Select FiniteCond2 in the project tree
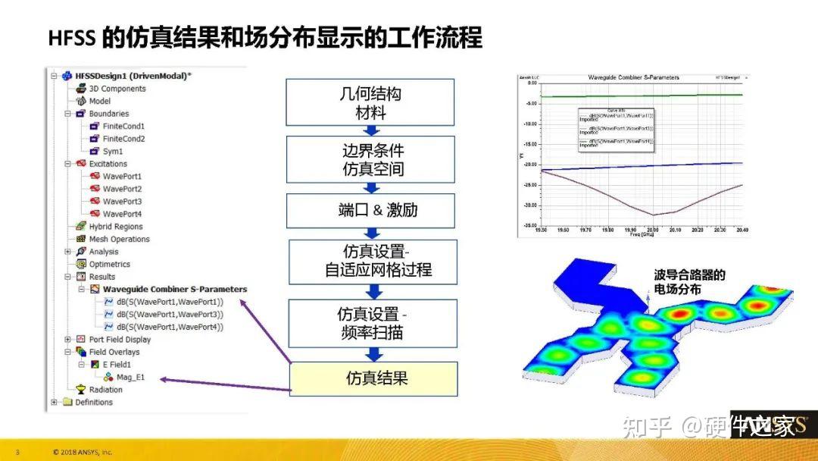point(123,139)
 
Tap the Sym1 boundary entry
point(113,152)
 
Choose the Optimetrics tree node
point(109,265)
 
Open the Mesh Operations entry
point(119,240)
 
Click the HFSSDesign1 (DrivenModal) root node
point(133,76)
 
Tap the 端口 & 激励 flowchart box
point(371,210)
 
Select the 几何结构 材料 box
point(371,103)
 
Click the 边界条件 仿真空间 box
point(371,159)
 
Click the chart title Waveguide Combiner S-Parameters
point(633,77)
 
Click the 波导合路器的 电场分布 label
point(688,282)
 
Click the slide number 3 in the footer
point(17,453)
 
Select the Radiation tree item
point(105,390)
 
